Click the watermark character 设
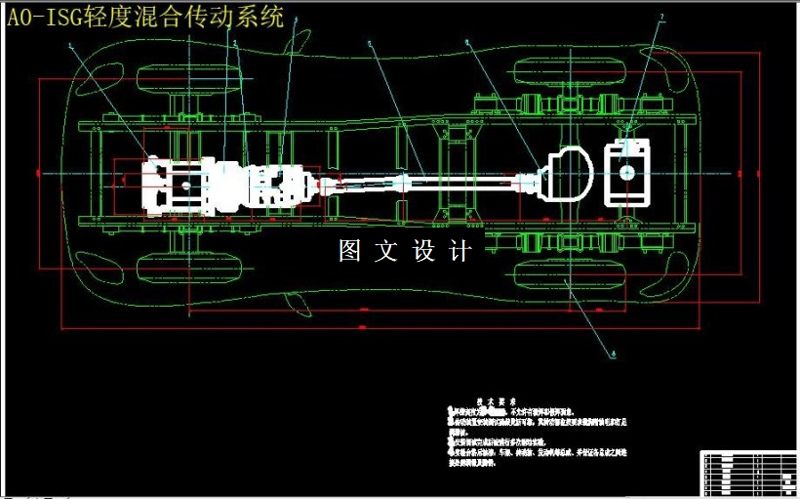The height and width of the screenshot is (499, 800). coord(424,251)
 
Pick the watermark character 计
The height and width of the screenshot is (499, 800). coord(460,251)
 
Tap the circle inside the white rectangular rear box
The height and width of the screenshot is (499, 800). coord(626,173)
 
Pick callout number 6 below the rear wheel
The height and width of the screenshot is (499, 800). coord(613,353)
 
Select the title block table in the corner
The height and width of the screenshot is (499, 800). coord(747,473)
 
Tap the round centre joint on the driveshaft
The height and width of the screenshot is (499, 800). coord(403,181)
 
